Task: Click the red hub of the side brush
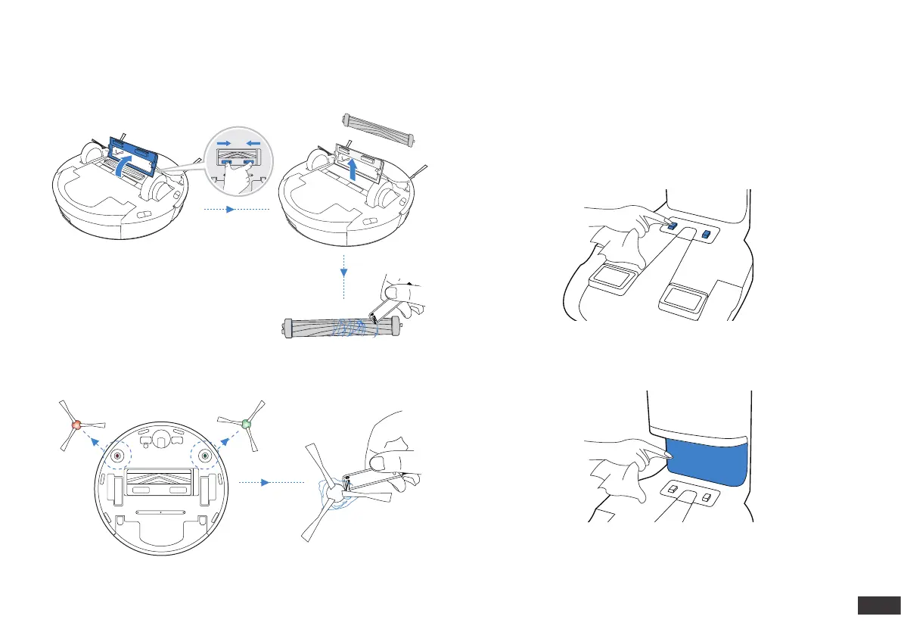76,426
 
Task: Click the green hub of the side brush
245,424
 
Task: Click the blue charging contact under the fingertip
672,226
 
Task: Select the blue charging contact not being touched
706,235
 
